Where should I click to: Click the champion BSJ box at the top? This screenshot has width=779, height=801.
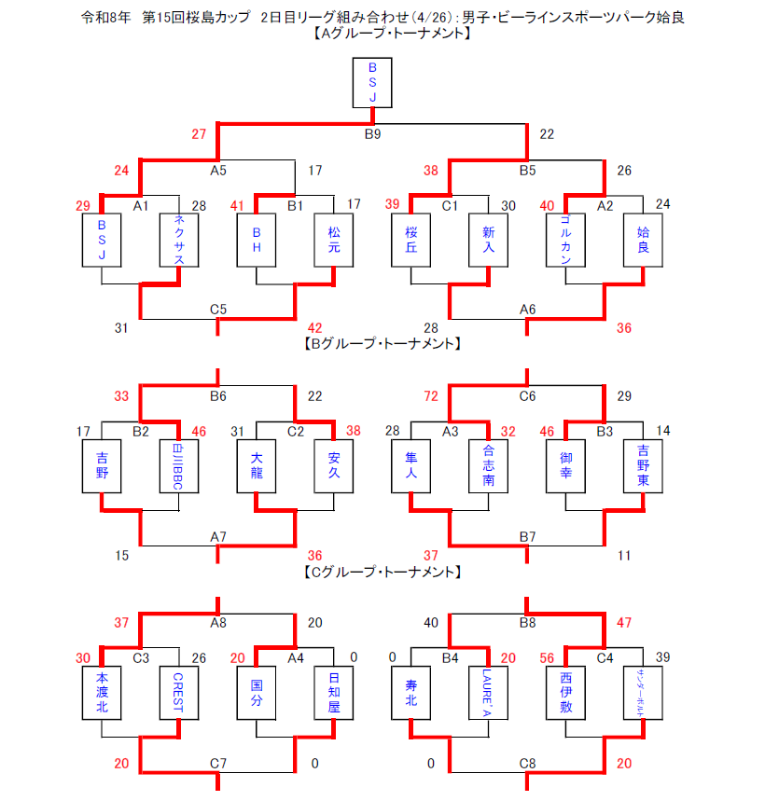coord(372,82)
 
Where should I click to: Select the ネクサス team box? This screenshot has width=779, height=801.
coord(178,239)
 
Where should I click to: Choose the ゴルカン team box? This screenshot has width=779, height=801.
coord(565,239)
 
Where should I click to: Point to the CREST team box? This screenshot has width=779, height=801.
coord(178,694)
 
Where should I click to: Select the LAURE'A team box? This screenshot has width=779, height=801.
coord(488,694)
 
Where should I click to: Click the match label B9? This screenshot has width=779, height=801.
coord(372,134)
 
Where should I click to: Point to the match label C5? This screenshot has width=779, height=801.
coord(218,309)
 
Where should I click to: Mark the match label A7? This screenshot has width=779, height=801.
coord(218,536)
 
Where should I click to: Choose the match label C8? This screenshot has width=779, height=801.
coord(528,764)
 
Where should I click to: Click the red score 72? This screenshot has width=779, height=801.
coord(431,396)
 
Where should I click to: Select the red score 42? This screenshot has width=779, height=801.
coord(314,327)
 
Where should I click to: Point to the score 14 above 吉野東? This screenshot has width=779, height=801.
coord(662,431)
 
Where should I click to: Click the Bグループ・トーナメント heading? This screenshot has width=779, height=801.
coord(383,343)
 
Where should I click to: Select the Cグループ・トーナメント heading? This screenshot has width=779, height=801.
coord(383,572)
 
